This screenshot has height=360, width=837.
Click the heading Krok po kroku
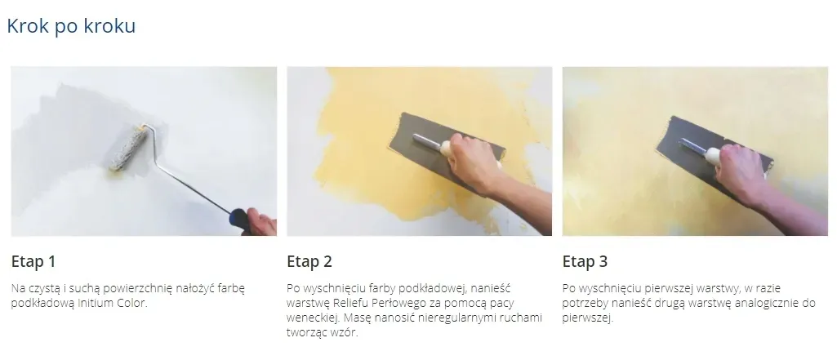point(71,26)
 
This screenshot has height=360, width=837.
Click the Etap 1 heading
point(33,262)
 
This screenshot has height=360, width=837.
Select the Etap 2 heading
point(309,262)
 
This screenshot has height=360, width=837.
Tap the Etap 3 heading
point(585,262)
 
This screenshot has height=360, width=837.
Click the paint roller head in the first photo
point(129,149)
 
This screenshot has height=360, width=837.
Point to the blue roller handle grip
point(240,218)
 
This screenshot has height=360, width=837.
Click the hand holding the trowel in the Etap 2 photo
point(473,162)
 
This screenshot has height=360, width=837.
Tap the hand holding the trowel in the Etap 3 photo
point(742,173)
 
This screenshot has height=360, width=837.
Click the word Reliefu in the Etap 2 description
point(349,304)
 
